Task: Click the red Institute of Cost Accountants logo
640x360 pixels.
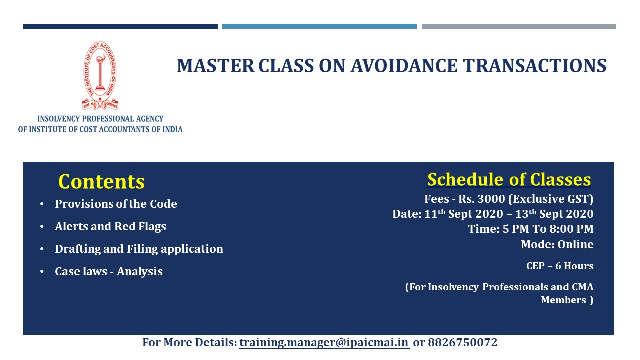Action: [x=100, y=76]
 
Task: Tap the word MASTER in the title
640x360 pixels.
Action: [x=215, y=66]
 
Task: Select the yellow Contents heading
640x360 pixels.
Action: [x=101, y=182]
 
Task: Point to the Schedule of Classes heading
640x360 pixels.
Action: [x=509, y=180]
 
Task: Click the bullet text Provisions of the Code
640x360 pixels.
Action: [x=116, y=204]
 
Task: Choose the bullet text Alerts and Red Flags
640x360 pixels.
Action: [x=110, y=227]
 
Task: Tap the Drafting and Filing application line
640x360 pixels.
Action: [x=139, y=249]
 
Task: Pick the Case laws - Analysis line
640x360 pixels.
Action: [x=109, y=271]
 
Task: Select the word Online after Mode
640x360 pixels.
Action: [x=575, y=245]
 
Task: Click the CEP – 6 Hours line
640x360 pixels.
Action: [x=560, y=266]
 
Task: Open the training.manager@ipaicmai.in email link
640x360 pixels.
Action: [x=324, y=342]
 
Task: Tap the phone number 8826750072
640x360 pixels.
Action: [x=462, y=342]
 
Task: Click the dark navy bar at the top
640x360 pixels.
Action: [x=120, y=26]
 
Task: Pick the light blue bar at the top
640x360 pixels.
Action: [x=319, y=26]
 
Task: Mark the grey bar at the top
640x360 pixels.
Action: [x=519, y=26]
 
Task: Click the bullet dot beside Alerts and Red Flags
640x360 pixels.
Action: [x=42, y=227]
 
